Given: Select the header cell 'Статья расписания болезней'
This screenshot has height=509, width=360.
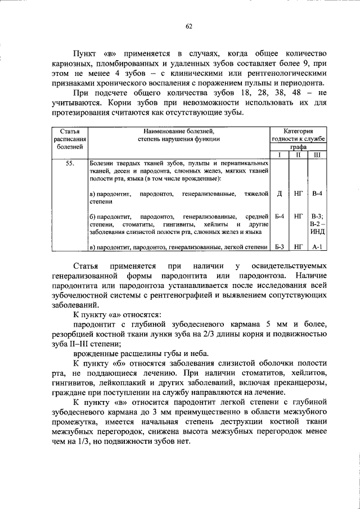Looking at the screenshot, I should [x=70, y=138].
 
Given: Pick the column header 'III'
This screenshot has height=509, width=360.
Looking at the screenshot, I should [x=317, y=154].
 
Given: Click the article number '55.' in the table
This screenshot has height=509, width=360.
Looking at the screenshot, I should [x=70, y=163].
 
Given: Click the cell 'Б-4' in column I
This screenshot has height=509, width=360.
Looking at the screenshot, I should [x=280, y=216].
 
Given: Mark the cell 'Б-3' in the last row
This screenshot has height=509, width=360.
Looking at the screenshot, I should [x=280, y=246].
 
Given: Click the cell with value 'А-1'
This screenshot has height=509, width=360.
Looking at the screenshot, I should [x=317, y=246].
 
